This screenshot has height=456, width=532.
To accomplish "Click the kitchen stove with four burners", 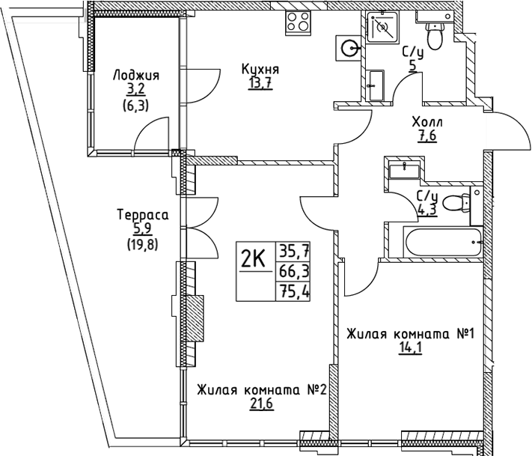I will click(299, 22).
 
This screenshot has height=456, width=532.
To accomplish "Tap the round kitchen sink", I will click(349, 48).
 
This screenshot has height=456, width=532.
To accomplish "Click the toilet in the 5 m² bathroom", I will click(435, 34).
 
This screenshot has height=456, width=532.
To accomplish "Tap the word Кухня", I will click(256, 70).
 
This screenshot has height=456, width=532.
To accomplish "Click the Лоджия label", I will click(135, 76).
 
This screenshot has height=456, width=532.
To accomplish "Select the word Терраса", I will click(142, 216).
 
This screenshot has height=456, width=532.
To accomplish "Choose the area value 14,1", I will click(409, 347).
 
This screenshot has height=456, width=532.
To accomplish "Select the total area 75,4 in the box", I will click(293, 291).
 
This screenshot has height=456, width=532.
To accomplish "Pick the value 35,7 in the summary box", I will click(293, 251).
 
